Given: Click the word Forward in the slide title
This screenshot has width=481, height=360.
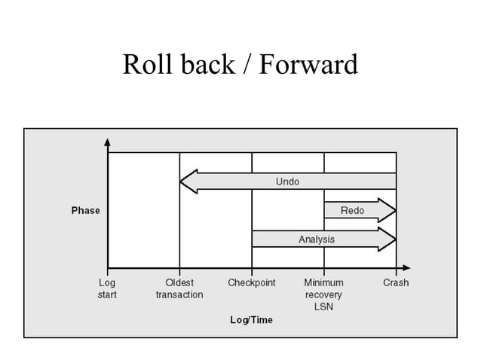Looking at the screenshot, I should [x=308, y=65].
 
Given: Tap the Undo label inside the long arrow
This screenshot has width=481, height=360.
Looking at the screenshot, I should [x=287, y=182].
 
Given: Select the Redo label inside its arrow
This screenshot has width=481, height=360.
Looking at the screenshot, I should [x=353, y=210].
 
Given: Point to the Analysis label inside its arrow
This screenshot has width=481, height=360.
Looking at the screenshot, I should [x=317, y=239].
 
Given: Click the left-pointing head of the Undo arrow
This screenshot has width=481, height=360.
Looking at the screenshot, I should [x=188, y=182].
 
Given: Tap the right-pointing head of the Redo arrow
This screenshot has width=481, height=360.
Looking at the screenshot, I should [x=388, y=210].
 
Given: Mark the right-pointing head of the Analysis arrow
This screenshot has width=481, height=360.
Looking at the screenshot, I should [x=388, y=239].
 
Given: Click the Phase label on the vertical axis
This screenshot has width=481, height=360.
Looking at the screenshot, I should [x=85, y=211].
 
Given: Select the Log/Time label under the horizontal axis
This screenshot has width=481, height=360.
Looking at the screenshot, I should [x=251, y=320].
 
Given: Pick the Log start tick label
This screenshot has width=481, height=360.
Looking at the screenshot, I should [x=107, y=288].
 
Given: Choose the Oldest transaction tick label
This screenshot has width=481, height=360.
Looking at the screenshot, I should [x=179, y=288].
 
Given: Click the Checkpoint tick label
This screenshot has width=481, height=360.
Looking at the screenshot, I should [x=251, y=283].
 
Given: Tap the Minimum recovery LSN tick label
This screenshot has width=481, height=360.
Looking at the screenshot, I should [x=323, y=294].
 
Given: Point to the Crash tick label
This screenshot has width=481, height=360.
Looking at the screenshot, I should [x=396, y=283].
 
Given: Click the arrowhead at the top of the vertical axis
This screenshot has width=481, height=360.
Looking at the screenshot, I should [x=108, y=142].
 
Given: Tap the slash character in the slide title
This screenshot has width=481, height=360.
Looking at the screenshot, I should [x=247, y=65].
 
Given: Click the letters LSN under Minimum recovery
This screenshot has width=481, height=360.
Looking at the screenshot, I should [x=323, y=307].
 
